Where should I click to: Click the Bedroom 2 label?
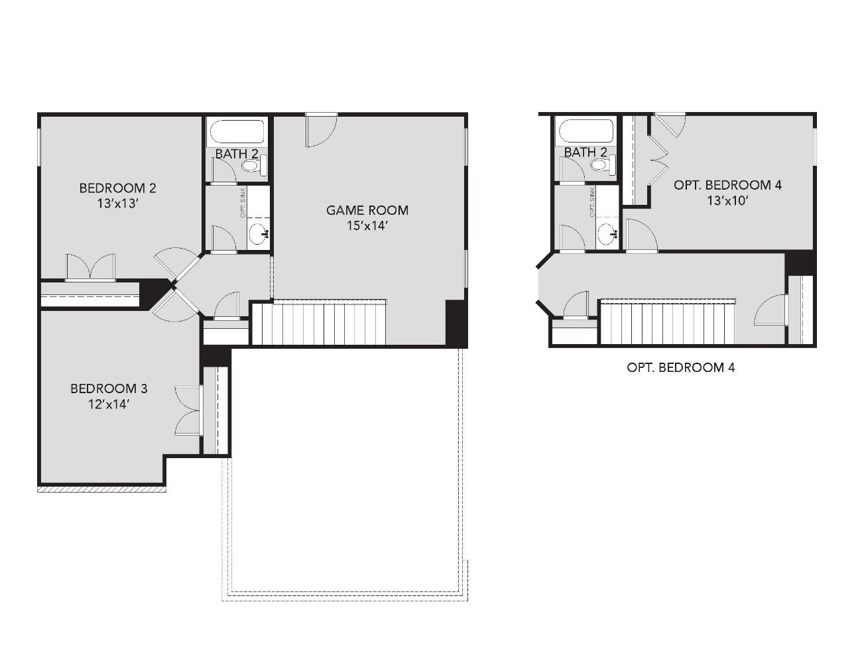click(x=117, y=188)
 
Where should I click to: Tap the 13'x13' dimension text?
click(x=117, y=204)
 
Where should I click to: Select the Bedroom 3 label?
click(x=109, y=388)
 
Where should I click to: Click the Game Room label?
click(x=367, y=210)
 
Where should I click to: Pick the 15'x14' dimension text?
click(x=367, y=226)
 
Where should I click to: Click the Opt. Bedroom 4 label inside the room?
click(x=727, y=185)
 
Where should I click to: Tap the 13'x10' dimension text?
click(x=727, y=201)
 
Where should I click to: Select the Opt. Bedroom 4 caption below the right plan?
click(x=680, y=367)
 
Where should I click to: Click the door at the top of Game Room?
click(x=321, y=129)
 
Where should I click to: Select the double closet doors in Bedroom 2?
click(x=90, y=267)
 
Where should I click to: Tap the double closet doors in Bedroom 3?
click(x=188, y=411)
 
